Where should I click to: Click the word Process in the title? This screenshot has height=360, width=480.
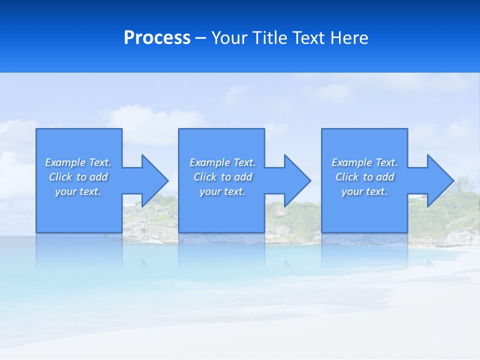point(157,38)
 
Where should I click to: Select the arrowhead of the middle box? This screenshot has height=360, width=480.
point(296,180)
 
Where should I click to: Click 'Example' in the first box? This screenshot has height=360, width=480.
point(65,162)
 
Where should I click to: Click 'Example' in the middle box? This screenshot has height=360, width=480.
point(209,162)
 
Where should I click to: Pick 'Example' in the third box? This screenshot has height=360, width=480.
point(351,162)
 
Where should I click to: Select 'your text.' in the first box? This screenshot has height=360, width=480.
point(78,191)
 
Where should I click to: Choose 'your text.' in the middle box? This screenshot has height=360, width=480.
point(222,191)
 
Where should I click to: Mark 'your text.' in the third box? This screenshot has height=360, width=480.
point(364,191)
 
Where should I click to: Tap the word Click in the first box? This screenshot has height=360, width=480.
point(60,177)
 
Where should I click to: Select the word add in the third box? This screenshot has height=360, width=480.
point(385,177)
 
